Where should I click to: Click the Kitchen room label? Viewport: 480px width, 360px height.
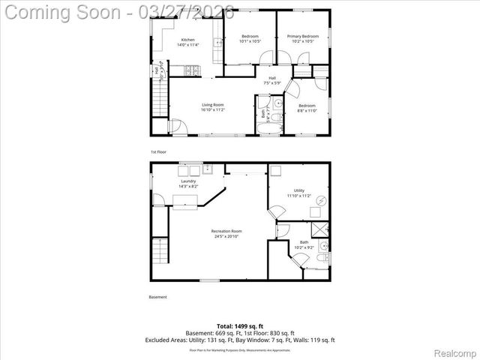[x=187, y=40]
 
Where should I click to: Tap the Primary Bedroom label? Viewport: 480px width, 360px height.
[x=299, y=37]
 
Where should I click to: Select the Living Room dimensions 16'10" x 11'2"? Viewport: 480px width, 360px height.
[x=212, y=110]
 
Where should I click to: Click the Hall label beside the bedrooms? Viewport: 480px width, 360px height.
[x=272, y=76]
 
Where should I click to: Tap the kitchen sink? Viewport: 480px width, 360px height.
[x=219, y=43]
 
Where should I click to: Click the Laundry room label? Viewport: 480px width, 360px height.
[x=188, y=181]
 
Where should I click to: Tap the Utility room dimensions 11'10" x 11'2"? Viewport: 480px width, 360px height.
[x=298, y=195]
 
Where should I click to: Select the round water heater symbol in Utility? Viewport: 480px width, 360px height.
[x=322, y=200]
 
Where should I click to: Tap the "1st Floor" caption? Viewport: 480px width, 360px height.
[x=157, y=151]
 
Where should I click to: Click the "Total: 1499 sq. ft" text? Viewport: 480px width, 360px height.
[x=240, y=325]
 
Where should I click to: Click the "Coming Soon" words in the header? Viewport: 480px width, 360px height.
[x=63, y=13]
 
